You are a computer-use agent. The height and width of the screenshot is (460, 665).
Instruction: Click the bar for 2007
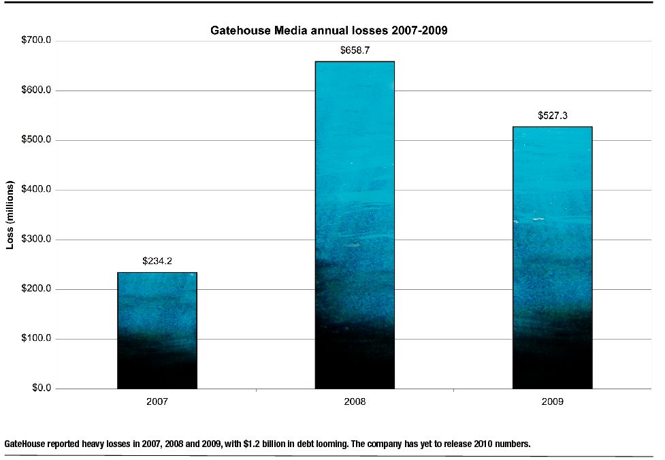157,331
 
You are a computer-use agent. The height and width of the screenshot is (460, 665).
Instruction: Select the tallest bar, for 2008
355,225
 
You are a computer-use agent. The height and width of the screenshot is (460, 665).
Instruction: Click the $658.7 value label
355,50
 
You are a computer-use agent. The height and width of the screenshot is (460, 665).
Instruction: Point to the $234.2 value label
157,261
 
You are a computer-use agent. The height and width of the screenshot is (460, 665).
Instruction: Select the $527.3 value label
552,116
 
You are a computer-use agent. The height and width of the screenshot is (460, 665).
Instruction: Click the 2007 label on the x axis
157,402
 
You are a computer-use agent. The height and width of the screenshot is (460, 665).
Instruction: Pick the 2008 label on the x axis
355,402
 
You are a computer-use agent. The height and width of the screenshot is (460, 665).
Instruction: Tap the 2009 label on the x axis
552,402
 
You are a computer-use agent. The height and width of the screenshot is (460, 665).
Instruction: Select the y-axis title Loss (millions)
10,215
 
